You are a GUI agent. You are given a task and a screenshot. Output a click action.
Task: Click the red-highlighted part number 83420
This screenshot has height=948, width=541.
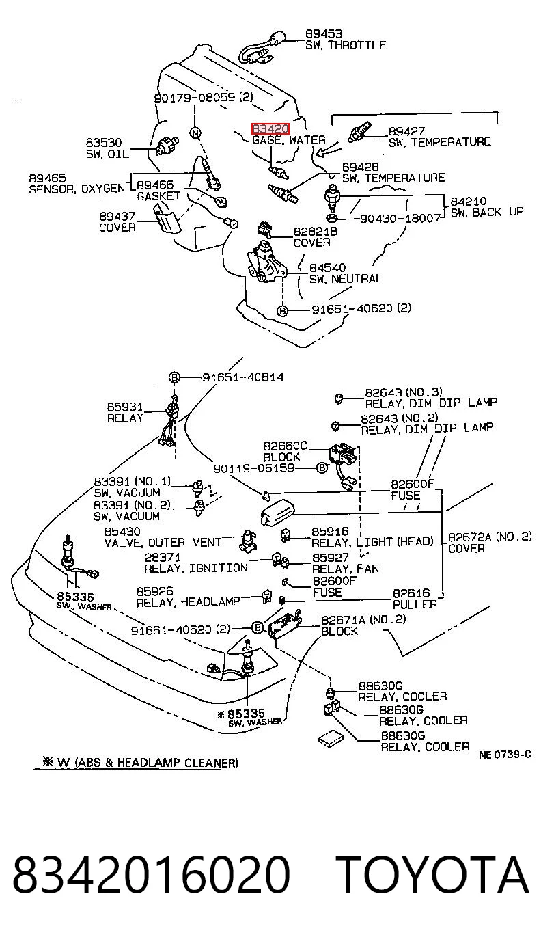click(270, 128)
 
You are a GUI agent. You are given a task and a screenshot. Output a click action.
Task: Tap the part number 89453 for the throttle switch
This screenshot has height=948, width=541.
click(324, 34)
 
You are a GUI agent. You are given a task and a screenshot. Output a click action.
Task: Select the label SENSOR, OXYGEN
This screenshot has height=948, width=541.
click(77, 189)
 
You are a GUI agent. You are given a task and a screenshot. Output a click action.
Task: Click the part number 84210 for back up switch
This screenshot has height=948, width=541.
click(468, 201)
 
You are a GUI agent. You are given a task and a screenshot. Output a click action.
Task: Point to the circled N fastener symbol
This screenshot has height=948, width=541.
click(195, 133)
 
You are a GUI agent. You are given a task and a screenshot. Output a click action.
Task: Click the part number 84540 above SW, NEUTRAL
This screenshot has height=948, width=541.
click(327, 267)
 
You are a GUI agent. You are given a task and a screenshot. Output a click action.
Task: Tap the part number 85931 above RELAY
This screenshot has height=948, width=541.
click(125, 407)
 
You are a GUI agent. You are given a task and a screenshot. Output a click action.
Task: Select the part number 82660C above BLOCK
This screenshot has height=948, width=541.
click(285, 446)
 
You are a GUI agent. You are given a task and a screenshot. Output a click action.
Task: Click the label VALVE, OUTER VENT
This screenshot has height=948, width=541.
click(163, 543)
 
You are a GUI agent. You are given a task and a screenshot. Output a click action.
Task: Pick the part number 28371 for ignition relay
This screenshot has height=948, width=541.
click(163, 557)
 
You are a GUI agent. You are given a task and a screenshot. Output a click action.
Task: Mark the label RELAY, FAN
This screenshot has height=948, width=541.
click(345, 569)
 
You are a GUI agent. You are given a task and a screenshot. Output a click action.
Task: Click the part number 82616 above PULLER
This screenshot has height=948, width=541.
click(411, 593)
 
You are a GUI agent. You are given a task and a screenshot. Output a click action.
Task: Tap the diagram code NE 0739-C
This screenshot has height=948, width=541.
click(505, 754)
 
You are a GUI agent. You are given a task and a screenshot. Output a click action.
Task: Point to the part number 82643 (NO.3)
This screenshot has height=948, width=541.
click(404, 392)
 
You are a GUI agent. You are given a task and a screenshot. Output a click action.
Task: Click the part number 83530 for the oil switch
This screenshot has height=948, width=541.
click(104, 143)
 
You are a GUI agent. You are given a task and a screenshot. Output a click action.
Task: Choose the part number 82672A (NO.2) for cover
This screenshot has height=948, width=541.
click(489, 537)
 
